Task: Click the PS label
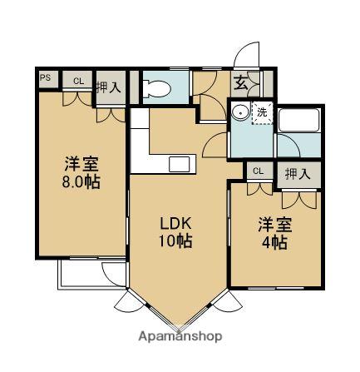coord(45,80)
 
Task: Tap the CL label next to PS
coord(77,81)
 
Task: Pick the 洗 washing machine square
coord(261,112)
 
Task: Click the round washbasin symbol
coord(240,112)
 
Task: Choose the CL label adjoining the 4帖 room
coord(258,171)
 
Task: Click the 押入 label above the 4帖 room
coord(298,174)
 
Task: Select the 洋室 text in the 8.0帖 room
coord(81,163)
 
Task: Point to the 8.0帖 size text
coord(81,181)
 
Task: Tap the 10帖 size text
coord(176,243)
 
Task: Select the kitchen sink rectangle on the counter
coord(180,164)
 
